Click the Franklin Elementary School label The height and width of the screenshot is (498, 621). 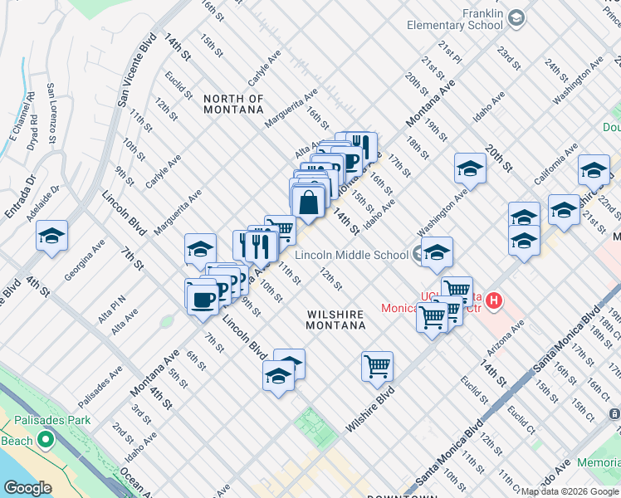[455, 20]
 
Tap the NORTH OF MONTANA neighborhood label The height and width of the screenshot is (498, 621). [233, 105]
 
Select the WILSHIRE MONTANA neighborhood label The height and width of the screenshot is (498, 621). [336, 320]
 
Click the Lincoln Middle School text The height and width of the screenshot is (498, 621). [353, 255]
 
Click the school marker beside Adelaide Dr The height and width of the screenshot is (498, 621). [51, 237]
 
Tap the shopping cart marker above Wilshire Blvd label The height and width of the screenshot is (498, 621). [377, 365]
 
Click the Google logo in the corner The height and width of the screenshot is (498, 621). [27, 488]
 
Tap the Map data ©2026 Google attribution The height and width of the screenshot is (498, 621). [569, 491]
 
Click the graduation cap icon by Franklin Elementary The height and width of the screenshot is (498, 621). [516, 17]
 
